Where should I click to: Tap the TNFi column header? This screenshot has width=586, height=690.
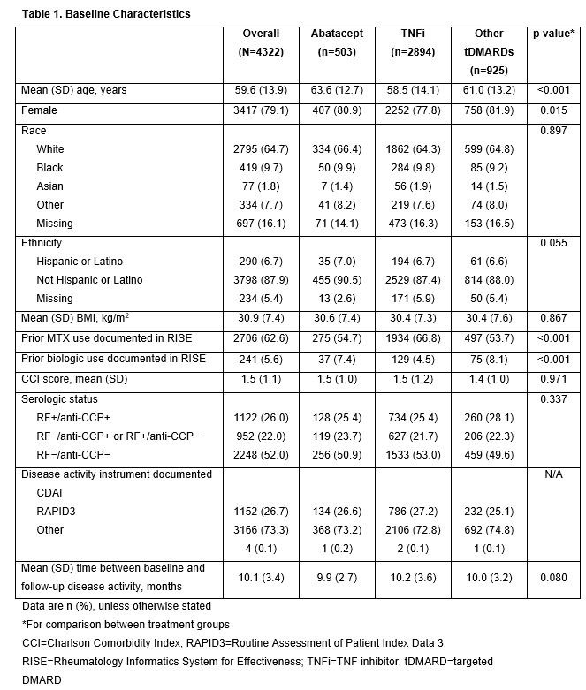412,33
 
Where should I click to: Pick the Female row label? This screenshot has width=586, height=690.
39,110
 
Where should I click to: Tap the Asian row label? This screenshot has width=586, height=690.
49,186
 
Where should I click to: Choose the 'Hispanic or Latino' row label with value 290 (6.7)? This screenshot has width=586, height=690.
80,262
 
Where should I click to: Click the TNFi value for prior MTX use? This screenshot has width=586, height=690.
412,337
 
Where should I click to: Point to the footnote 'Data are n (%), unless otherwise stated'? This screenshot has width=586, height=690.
117,607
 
